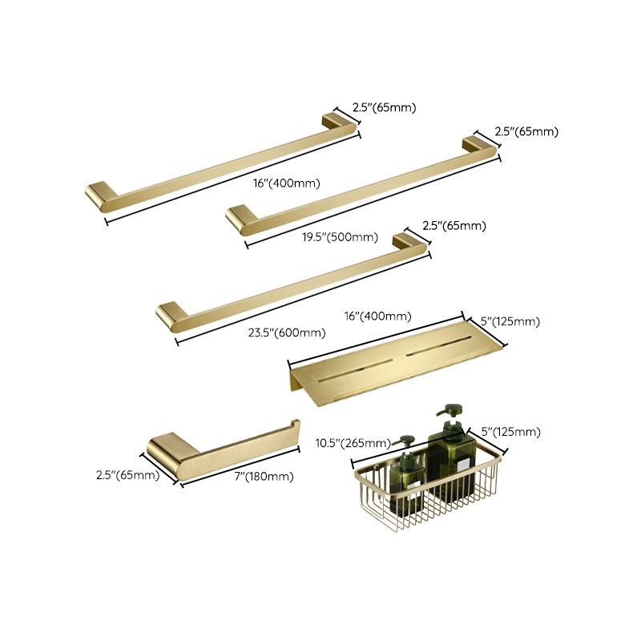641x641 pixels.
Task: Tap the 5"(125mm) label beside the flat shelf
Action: click(510, 322)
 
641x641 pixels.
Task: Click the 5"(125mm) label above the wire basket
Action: click(512, 432)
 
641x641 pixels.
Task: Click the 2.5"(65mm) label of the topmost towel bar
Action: click(385, 107)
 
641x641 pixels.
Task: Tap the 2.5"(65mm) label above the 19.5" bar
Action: click(526, 131)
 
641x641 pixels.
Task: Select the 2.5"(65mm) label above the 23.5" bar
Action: click(455, 226)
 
